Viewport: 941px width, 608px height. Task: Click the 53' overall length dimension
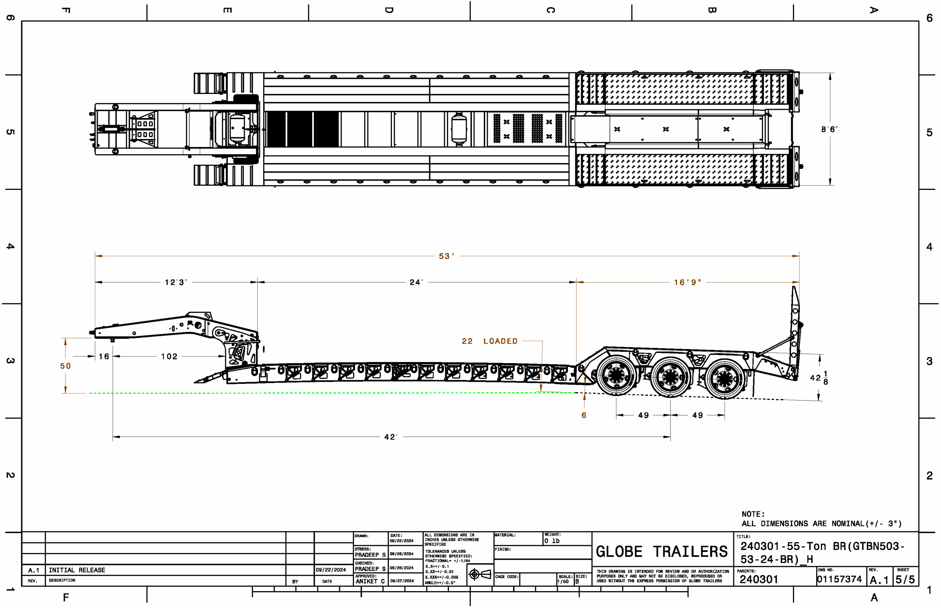pyautogui.click(x=446, y=256)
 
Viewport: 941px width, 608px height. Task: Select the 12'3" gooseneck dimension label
pyautogui.click(x=176, y=282)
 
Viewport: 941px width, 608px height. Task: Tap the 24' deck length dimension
pyautogui.click(x=416, y=282)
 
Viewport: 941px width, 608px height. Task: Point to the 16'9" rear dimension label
pyautogui.click(x=687, y=282)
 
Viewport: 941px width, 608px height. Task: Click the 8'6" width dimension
pyautogui.click(x=830, y=129)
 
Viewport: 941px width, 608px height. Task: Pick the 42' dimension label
pyautogui.click(x=391, y=437)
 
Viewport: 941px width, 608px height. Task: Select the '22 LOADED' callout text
pyautogui.click(x=489, y=341)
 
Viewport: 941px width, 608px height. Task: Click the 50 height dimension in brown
pyautogui.click(x=65, y=366)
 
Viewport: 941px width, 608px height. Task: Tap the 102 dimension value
pyautogui.click(x=169, y=357)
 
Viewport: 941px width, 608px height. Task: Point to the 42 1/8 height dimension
pyautogui.click(x=819, y=378)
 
